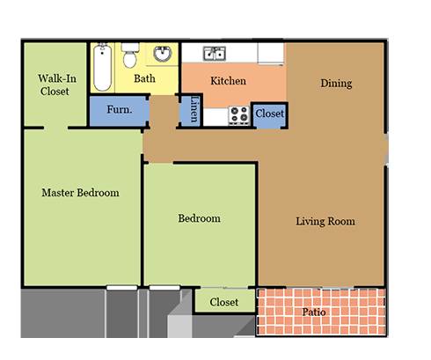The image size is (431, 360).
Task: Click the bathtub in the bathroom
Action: [102, 67]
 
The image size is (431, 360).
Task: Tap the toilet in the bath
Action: [130, 55]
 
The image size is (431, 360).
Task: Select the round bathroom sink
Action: [163, 54]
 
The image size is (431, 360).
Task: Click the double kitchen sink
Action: [215, 54]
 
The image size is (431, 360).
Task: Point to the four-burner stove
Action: [239, 114]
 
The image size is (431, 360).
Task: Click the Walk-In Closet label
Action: [57, 84]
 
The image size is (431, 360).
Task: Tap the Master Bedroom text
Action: [80, 193]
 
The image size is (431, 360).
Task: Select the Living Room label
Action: [325, 221]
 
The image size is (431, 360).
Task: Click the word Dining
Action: [336, 84]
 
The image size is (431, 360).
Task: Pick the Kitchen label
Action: [228, 81]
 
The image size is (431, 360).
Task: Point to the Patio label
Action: [314, 312]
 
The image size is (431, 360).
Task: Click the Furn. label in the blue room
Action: [120, 109]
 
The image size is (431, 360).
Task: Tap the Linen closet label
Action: [194, 109]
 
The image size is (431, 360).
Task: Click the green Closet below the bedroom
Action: [224, 302]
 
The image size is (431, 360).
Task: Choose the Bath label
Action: [144, 78]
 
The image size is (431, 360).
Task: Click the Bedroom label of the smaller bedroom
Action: [200, 218]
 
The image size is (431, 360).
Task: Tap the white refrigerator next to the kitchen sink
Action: [271, 53]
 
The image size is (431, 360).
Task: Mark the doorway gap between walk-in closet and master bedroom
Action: [55, 128]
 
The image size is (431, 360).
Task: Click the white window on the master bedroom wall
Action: [122, 288]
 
